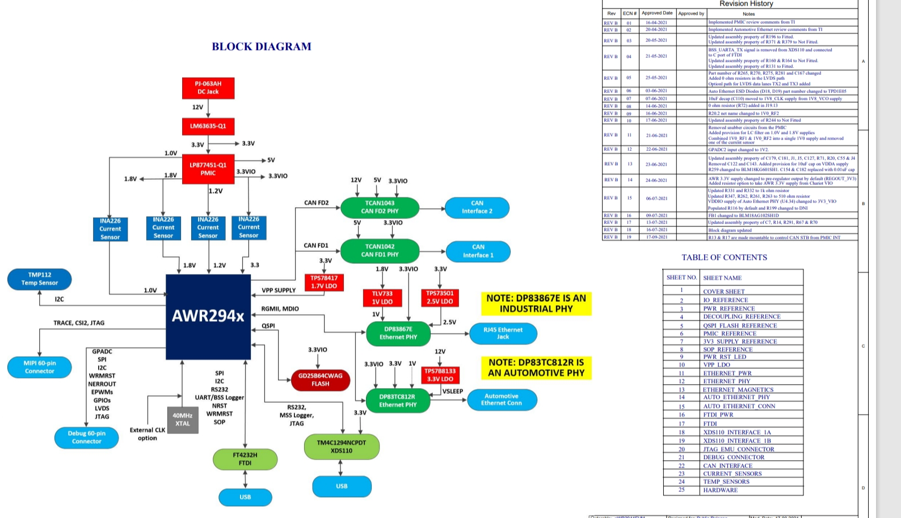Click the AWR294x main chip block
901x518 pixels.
coord(208,316)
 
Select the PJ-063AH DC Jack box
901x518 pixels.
coord(208,88)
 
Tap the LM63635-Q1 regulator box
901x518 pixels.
coord(208,126)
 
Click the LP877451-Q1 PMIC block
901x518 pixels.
coord(208,169)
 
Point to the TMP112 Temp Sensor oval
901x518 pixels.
coord(40,279)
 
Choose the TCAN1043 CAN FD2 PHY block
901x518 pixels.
coord(380,207)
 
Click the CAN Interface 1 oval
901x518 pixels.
coord(478,251)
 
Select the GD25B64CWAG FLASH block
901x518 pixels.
coord(320,380)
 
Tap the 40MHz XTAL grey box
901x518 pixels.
coord(182,420)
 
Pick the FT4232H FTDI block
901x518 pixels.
coord(245,459)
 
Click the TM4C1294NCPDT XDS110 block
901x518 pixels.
coord(342,447)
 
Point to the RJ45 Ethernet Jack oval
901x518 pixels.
coord(503,333)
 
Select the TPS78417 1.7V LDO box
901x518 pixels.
coord(324,282)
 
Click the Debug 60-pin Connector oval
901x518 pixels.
coord(86,437)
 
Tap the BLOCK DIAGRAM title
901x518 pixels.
coord(262,47)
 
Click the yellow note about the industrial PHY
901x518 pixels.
coord(536,304)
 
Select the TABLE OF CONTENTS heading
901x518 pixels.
coord(724,258)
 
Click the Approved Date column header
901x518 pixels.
coord(657,13)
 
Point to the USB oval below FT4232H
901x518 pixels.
coord(245,497)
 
